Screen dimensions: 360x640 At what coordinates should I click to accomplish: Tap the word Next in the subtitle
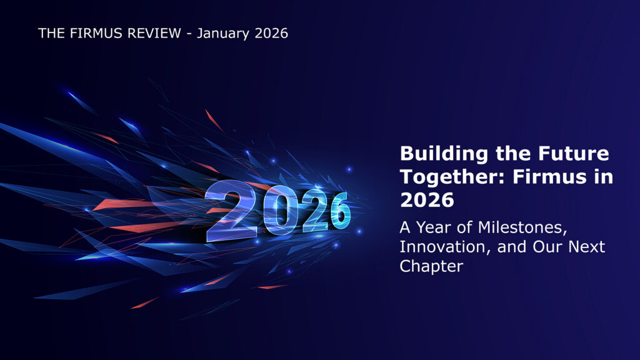click(586, 246)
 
